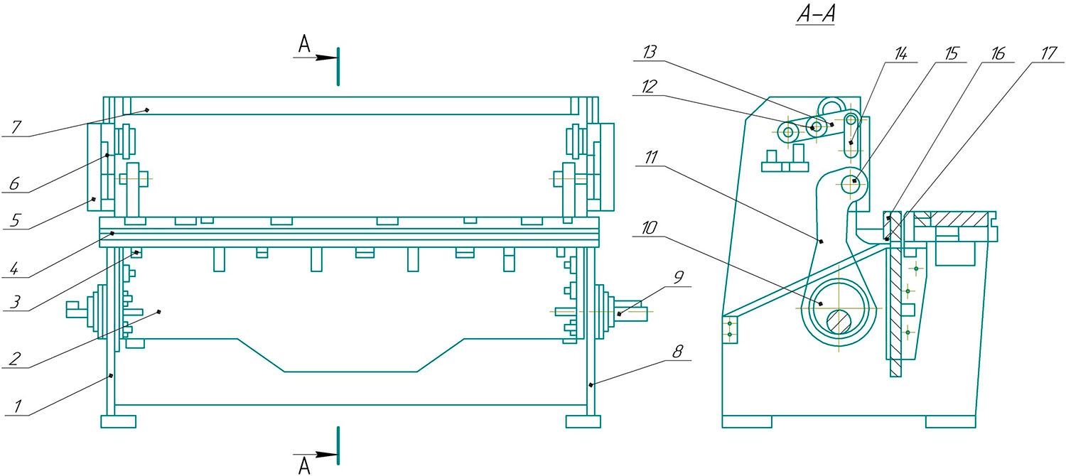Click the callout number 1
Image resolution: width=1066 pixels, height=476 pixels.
[18, 406]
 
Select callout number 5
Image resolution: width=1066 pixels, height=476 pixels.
[15, 220]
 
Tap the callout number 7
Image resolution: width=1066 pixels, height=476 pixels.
[16, 127]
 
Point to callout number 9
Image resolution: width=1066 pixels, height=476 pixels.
[679, 276]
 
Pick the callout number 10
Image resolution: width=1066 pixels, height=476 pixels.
[649, 228]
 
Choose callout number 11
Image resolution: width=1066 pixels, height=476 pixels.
[651, 157]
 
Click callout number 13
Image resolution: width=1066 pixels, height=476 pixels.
[650, 52]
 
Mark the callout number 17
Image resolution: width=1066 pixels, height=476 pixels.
[1048, 54]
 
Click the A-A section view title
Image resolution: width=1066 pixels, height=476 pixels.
[816, 15]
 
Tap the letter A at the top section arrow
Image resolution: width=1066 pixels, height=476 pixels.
[304, 45]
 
